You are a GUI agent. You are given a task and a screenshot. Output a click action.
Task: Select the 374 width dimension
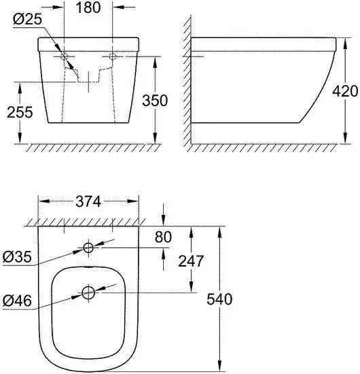[x=88, y=201]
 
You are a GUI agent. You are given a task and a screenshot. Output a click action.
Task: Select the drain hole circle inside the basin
[x=88, y=293]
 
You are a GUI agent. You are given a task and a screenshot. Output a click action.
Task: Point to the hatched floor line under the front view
[x=88, y=148]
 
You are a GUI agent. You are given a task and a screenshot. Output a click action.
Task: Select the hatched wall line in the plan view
[x=88, y=222]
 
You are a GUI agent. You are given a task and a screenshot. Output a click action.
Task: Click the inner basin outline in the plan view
[x=53, y=299]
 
